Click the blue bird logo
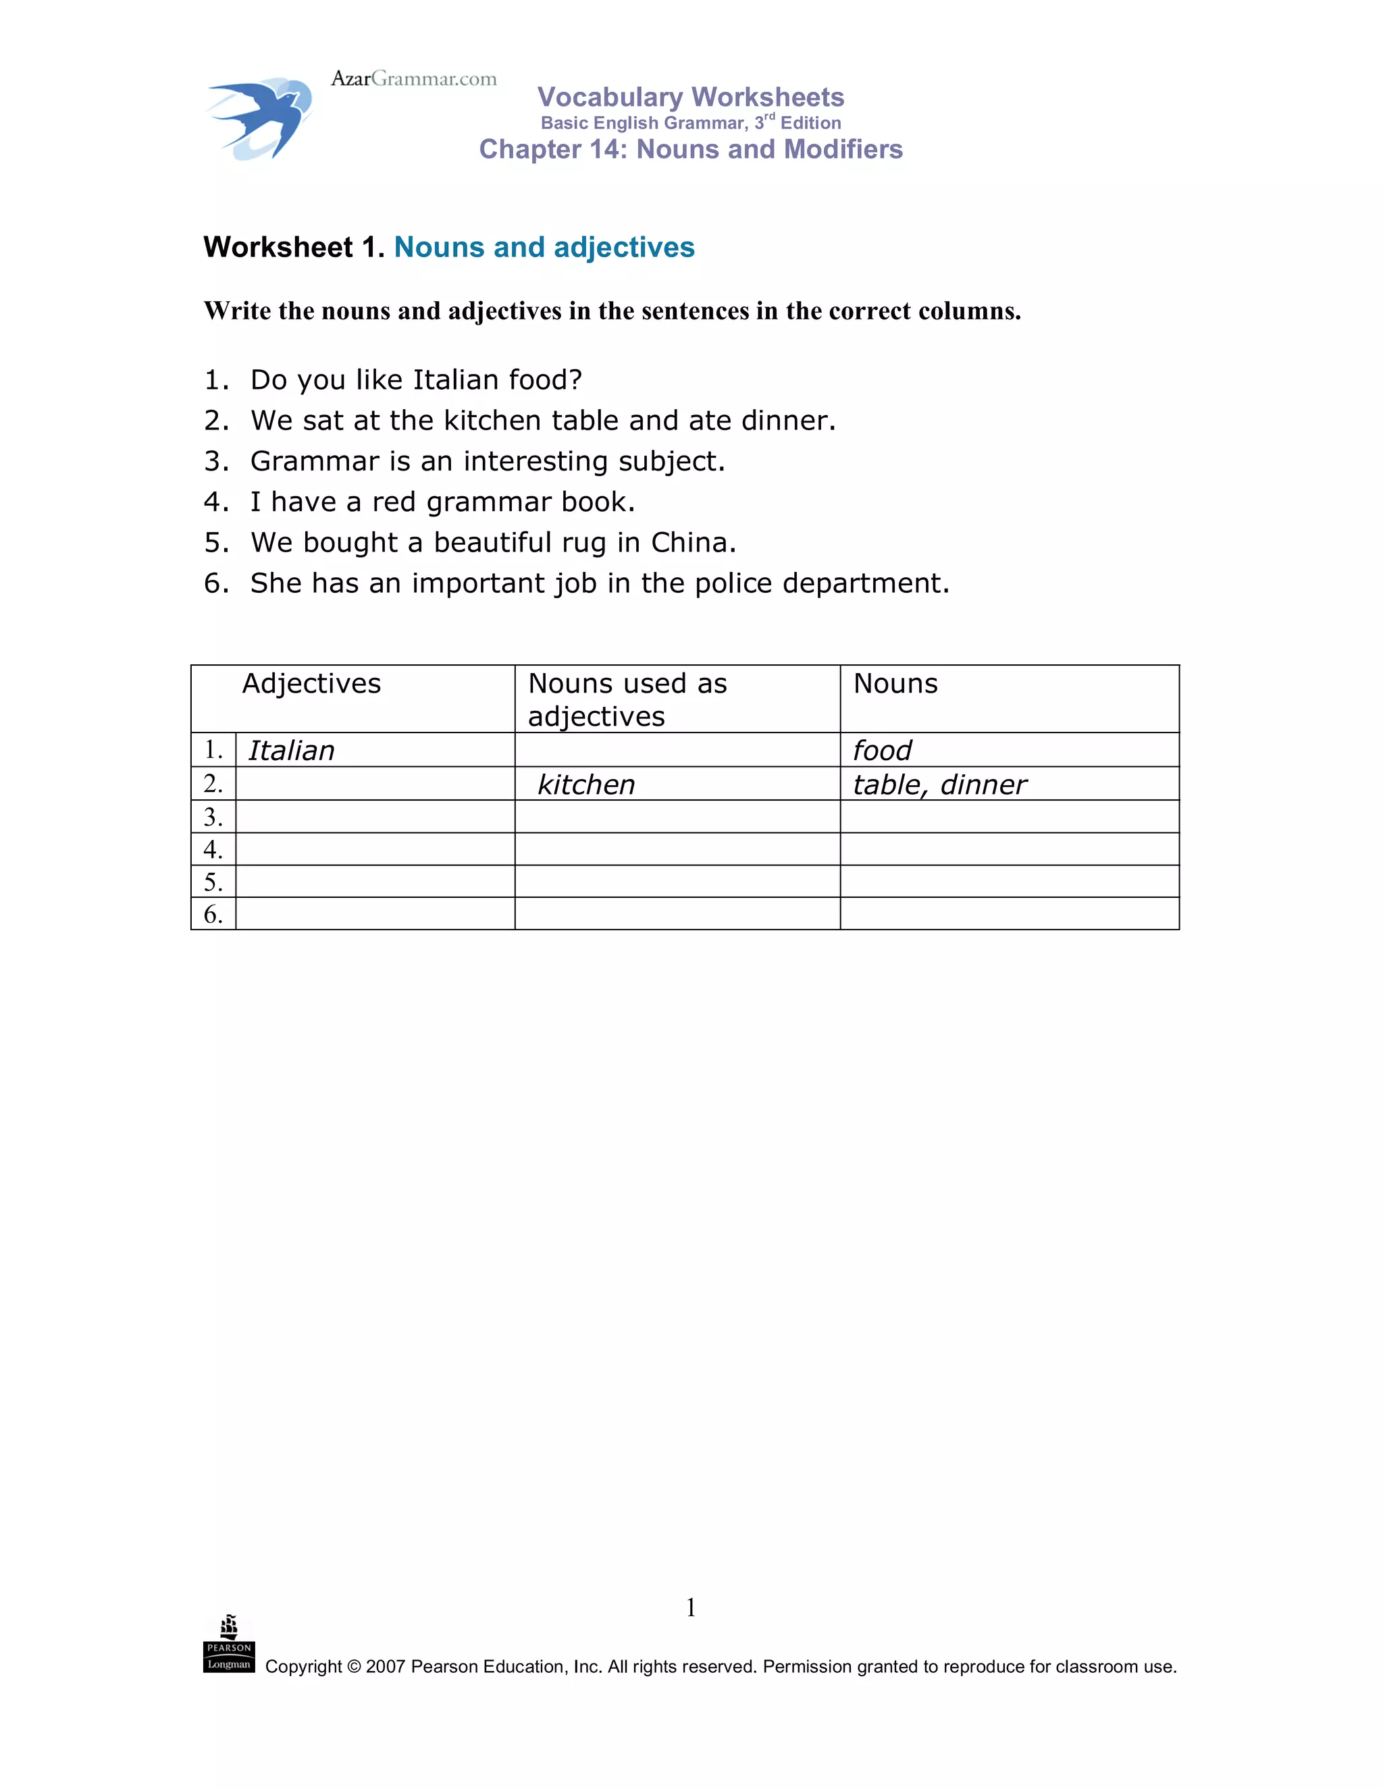(259, 119)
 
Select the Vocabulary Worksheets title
(691, 97)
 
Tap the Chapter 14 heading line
(691, 149)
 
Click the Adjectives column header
(311, 683)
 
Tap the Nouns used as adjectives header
(627, 699)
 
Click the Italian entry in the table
(292, 750)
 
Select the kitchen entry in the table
(587, 784)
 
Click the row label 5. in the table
(213, 882)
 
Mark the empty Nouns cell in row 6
(1010, 914)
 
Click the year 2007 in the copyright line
(385, 1667)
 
